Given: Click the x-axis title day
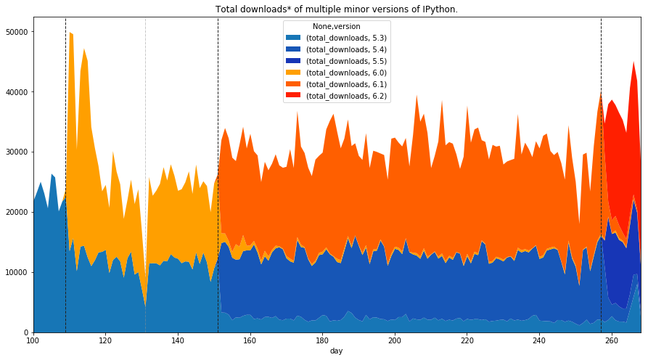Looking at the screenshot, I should pyautogui.click(x=336, y=351).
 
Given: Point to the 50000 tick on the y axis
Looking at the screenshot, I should pyautogui.click(x=16, y=33).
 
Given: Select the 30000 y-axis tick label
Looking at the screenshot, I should pyautogui.click(x=16, y=152).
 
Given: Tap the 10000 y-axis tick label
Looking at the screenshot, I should pyautogui.click(x=16, y=272).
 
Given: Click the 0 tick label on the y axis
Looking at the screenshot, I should pyautogui.click(x=26, y=332).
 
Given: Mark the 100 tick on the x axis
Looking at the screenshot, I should pyautogui.click(x=33, y=340).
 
